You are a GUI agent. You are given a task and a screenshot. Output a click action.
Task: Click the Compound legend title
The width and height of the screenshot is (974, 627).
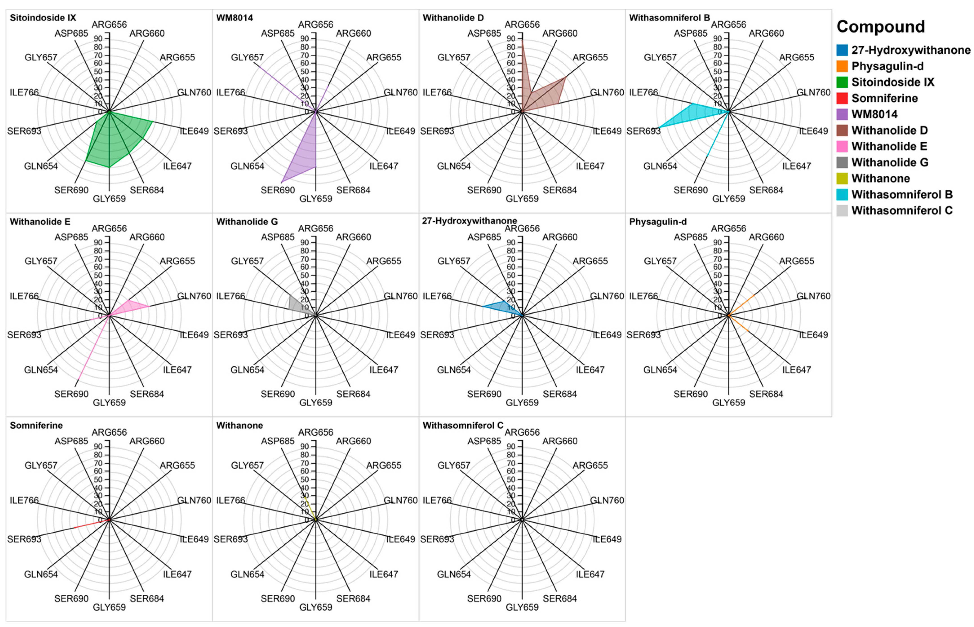880,27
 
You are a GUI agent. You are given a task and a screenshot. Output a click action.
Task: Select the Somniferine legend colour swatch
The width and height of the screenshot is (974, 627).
842,98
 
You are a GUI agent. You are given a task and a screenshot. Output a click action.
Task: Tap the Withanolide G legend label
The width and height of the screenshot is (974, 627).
890,162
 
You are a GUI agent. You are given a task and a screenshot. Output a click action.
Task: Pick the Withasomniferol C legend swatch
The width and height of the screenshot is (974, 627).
842,211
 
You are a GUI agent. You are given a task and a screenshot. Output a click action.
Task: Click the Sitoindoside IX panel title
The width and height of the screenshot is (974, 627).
43,18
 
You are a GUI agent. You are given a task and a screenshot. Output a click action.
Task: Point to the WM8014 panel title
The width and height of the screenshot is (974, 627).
234,18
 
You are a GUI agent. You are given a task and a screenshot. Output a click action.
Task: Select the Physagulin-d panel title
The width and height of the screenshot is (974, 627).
657,222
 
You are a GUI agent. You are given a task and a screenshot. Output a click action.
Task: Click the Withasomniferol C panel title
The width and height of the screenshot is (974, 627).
463,425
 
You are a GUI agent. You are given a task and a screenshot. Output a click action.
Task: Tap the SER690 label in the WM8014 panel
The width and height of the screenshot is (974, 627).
277,190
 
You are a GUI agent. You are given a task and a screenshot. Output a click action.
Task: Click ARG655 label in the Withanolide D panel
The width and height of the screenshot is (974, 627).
590,57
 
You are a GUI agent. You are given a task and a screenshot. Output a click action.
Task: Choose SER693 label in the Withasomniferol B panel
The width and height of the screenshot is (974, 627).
643,131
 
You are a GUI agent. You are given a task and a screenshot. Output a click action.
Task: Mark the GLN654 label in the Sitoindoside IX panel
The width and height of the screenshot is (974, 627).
41,166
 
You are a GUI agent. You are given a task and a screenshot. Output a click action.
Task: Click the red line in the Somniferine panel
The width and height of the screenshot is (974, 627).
87,524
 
